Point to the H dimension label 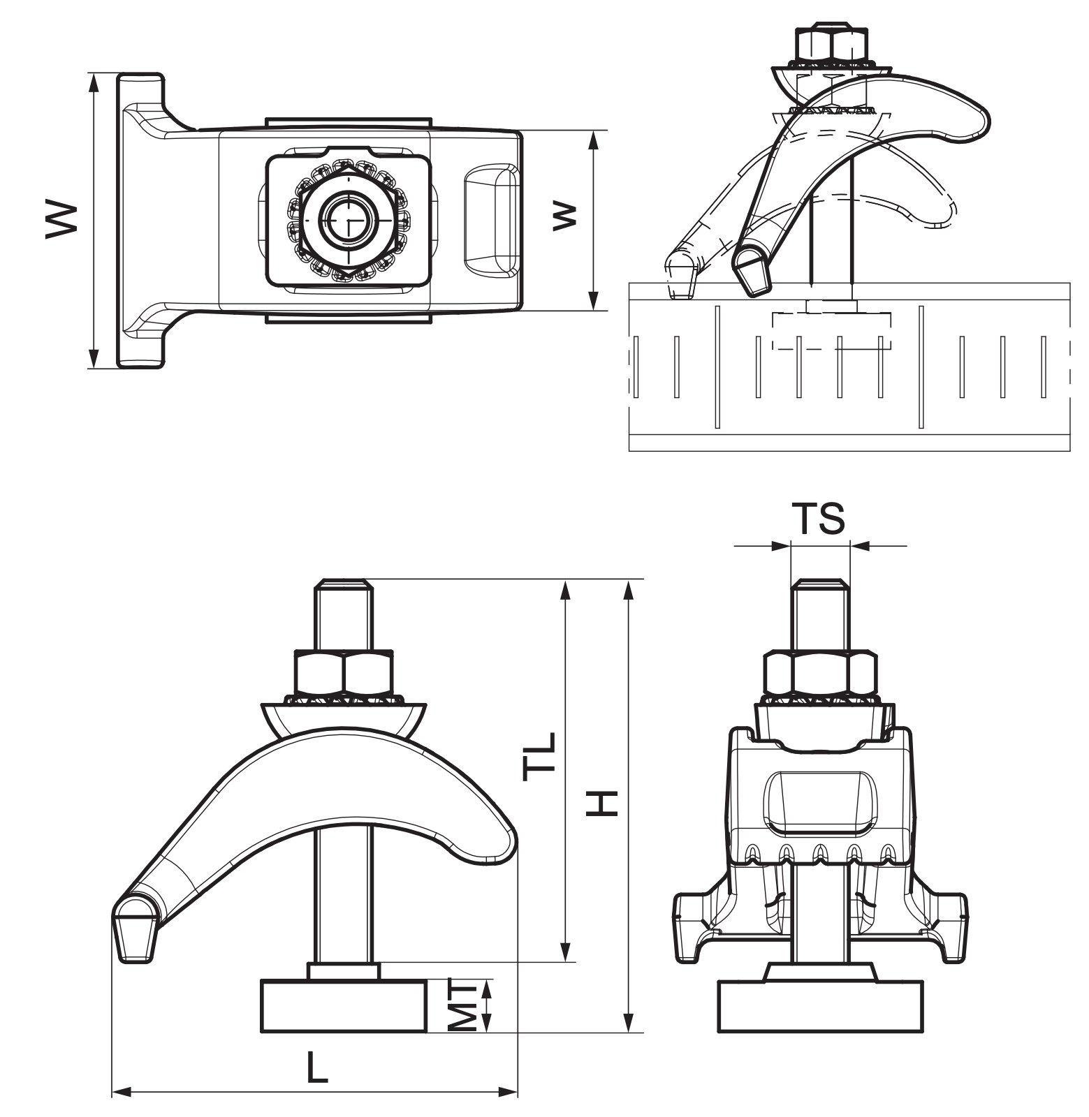click(x=601, y=803)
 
